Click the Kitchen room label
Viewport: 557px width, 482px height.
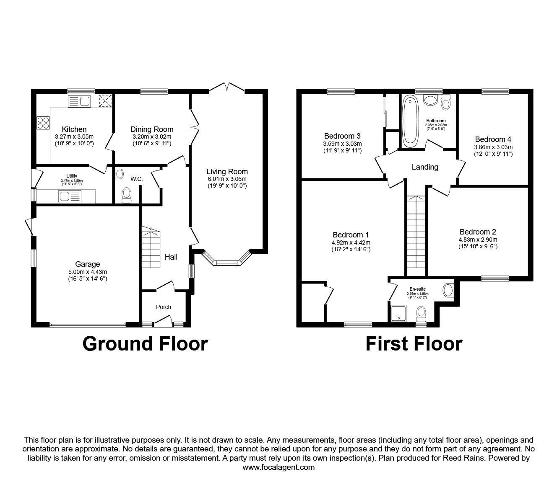(x=74, y=129)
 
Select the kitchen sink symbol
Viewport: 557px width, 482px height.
(x=79, y=101)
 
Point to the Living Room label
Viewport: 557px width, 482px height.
(x=227, y=172)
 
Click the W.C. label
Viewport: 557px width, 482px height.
(x=137, y=179)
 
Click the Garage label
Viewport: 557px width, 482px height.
(x=87, y=264)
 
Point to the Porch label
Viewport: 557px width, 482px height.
(x=164, y=307)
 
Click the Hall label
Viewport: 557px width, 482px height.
(x=171, y=257)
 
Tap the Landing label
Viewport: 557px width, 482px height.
(x=425, y=167)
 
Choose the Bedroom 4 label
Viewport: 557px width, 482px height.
(x=493, y=139)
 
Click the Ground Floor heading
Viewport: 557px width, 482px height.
(x=145, y=344)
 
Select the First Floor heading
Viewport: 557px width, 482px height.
(x=414, y=344)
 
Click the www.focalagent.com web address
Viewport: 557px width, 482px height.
(x=278, y=467)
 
